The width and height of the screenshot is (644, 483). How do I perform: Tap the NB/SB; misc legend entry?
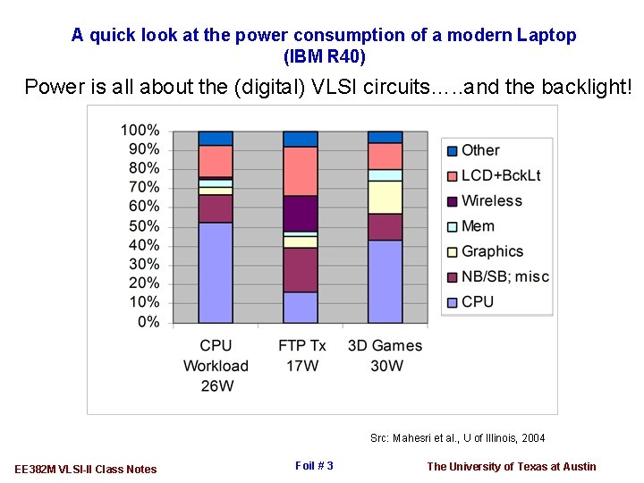[x=504, y=276]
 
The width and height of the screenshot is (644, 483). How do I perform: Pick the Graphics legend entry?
[x=492, y=251]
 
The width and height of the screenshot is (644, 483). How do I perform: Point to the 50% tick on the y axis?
[x=140, y=226]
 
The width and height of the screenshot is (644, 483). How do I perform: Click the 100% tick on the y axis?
[x=140, y=131]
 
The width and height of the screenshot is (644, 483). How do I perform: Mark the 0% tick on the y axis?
[x=147, y=322]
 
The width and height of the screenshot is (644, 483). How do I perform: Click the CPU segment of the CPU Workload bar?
[x=216, y=272]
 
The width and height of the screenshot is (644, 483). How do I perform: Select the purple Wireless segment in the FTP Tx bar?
[x=301, y=213]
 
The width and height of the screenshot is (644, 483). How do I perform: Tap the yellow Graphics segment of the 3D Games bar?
[x=385, y=197]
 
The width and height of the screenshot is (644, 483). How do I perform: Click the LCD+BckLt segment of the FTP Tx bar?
[x=301, y=171]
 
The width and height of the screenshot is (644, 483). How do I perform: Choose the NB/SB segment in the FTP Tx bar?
[x=301, y=269]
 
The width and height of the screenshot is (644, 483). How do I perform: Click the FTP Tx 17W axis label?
[x=301, y=355]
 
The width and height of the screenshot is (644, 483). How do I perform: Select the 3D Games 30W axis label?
[x=385, y=355]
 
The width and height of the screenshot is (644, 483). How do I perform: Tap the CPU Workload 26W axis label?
[x=216, y=365]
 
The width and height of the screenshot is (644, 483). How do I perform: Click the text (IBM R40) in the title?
[x=324, y=56]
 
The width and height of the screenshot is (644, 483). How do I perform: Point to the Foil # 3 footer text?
[x=314, y=465]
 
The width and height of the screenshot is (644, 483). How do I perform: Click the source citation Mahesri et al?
[x=457, y=438]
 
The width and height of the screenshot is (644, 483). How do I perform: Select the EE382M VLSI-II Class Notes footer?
[x=86, y=469]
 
